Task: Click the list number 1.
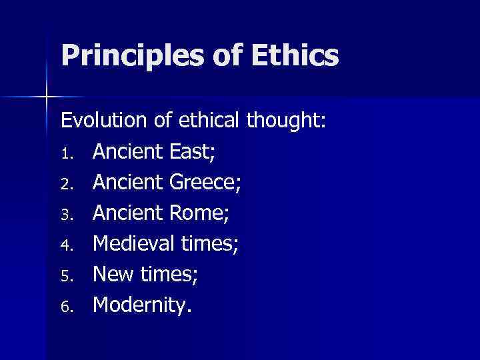click(66, 153)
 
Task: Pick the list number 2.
click(66, 183)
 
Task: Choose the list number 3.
click(66, 213)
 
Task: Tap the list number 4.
click(66, 244)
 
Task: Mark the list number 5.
click(66, 275)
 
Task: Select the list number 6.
click(66, 305)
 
